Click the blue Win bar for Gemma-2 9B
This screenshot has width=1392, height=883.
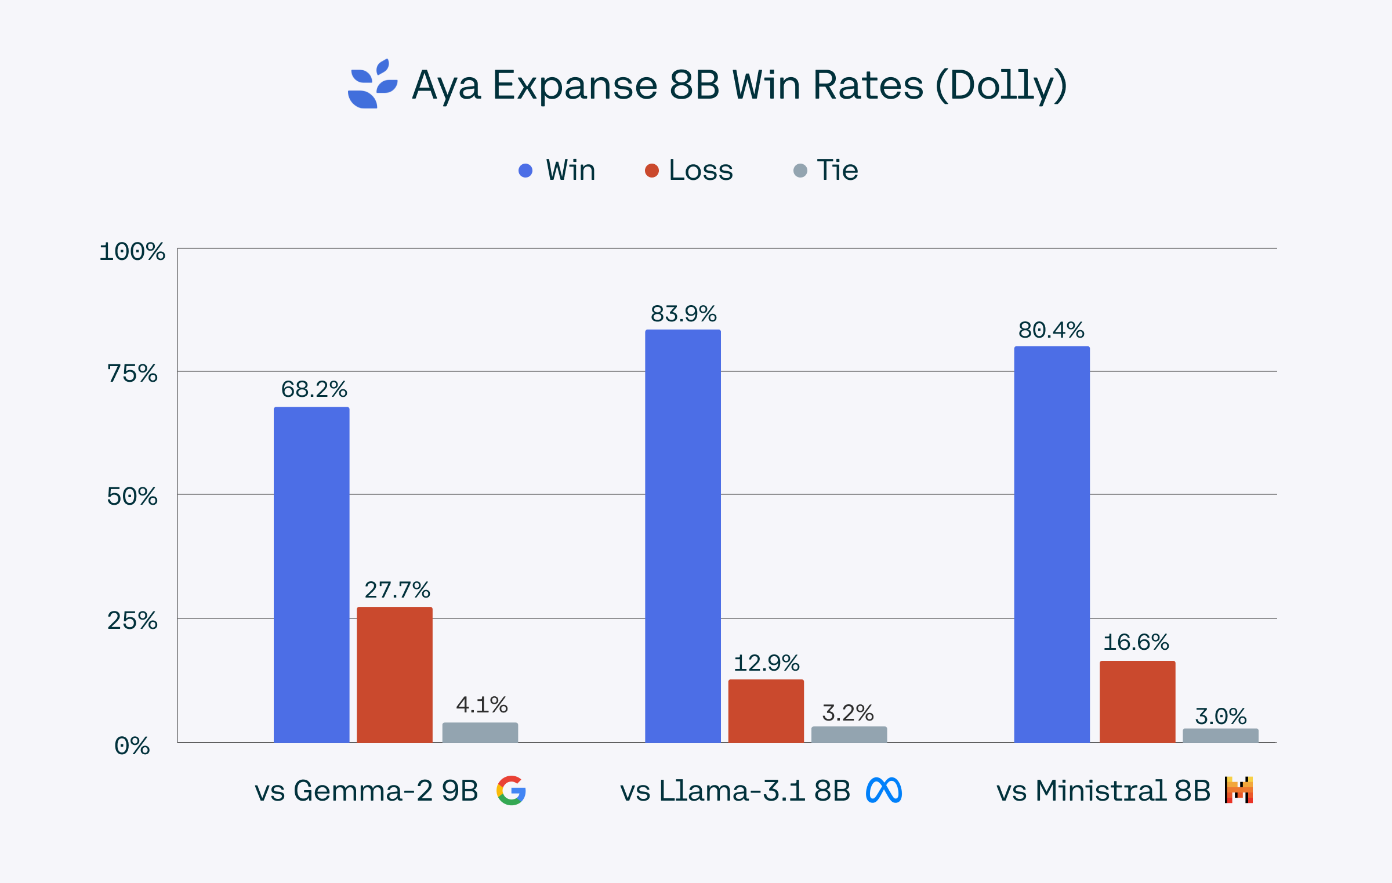coord(311,574)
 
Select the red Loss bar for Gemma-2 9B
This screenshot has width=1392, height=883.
coord(394,674)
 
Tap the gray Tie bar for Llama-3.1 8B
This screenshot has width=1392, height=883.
coord(849,734)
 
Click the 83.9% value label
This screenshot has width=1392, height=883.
coord(683,314)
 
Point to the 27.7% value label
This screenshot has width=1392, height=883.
coord(397,590)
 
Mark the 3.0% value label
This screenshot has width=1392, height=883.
coord(1220,716)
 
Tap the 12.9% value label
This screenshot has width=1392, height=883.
coord(766,663)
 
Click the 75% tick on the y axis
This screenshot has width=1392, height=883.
coord(132,374)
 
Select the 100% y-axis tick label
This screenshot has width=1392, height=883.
coord(132,252)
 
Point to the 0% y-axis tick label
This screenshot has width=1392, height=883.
coord(132,746)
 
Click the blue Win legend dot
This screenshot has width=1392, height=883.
coord(525,171)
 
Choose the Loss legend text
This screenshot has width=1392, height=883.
coord(701,170)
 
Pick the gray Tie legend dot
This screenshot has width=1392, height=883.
coord(800,171)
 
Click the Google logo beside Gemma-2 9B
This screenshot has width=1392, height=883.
coord(511,790)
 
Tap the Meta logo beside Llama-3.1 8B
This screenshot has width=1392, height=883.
coord(884,790)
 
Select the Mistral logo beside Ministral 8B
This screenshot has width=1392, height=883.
coord(1239,790)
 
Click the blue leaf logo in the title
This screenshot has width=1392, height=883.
coord(372,84)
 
